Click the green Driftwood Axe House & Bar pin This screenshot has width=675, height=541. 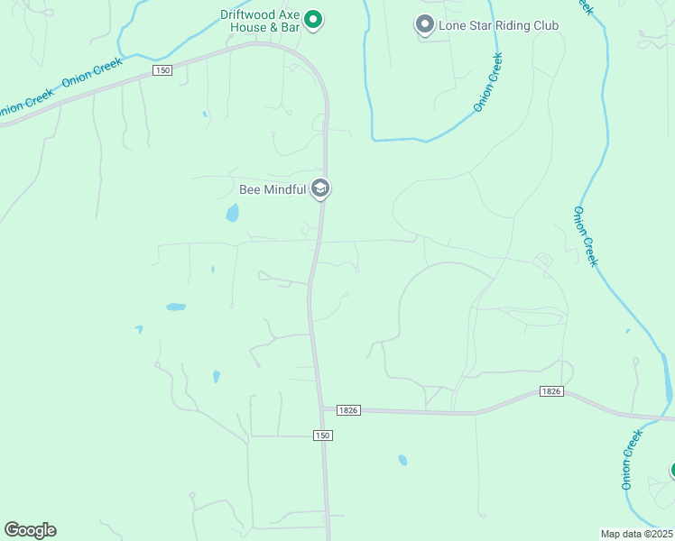(x=313, y=19)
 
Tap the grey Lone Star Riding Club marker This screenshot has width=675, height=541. (x=425, y=25)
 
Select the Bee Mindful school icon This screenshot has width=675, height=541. (x=319, y=189)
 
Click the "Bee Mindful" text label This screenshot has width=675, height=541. (x=272, y=190)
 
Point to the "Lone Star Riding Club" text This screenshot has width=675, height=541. (x=498, y=25)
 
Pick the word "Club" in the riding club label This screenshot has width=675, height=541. (x=544, y=25)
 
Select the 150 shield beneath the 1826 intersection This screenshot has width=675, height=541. (x=323, y=436)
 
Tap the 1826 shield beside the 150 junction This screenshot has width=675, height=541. (x=349, y=409)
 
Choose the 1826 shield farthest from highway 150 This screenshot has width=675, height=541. (x=552, y=390)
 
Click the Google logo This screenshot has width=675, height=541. (x=30, y=529)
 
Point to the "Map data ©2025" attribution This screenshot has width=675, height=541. (x=636, y=533)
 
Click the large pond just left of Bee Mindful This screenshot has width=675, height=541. (x=233, y=214)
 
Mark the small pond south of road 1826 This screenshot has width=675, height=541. (x=402, y=460)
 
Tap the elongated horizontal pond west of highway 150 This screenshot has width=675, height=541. (x=176, y=307)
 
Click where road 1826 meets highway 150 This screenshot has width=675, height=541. (x=322, y=409)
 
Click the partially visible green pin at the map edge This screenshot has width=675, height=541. (x=670, y=471)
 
